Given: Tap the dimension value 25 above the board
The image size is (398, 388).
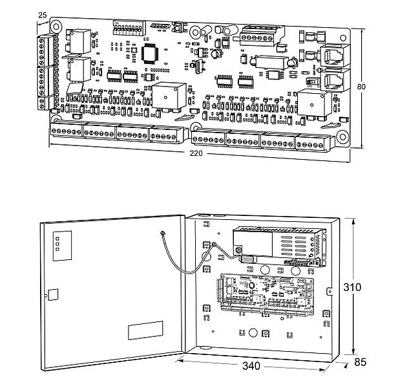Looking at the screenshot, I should tap(43, 14).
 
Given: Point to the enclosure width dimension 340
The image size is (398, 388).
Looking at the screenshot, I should tap(251, 366).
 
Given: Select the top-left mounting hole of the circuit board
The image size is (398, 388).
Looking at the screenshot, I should tap(56, 27).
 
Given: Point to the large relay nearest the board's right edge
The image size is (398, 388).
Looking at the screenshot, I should tap(311, 102).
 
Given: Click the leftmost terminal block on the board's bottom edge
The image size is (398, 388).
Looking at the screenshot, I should tap(67, 131).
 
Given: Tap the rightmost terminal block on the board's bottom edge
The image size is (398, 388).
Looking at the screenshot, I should tap(312, 140).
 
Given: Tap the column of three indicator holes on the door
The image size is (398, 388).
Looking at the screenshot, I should tap(57, 242).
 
